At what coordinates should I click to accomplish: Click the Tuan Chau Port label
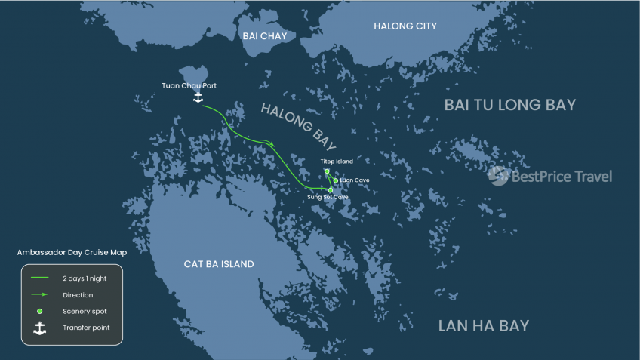pyautogui.click(x=189, y=85)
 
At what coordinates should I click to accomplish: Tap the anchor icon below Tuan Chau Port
pyautogui.click(x=198, y=98)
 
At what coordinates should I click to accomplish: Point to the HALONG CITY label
pyautogui.click(x=405, y=26)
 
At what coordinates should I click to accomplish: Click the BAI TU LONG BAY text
pyautogui.click(x=510, y=105)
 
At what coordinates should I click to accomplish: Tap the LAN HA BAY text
pyautogui.click(x=484, y=326)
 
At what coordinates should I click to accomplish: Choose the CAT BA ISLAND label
pyautogui.click(x=219, y=264)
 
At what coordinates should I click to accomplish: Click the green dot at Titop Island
pyautogui.click(x=327, y=171)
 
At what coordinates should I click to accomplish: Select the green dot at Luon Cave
pyautogui.click(x=336, y=180)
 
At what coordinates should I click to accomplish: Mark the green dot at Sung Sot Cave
pyautogui.click(x=330, y=190)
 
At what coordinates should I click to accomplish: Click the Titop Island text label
pyautogui.click(x=337, y=162)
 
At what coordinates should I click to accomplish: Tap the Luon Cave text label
pyautogui.click(x=354, y=180)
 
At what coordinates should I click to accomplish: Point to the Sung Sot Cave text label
pyautogui.click(x=328, y=198)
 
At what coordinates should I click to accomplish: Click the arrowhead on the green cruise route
pyautogui.click(x=271, y=143)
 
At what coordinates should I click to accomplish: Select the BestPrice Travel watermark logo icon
pyautogui.click(x=498, y=176)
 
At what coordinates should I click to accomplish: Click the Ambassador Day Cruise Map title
pyautogui.click(x=73, y=253)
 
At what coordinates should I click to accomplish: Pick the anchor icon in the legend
pyautogui.click(x=39, y=328)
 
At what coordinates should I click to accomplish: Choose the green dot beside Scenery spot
pyautogui.click(x=39, y=311)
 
